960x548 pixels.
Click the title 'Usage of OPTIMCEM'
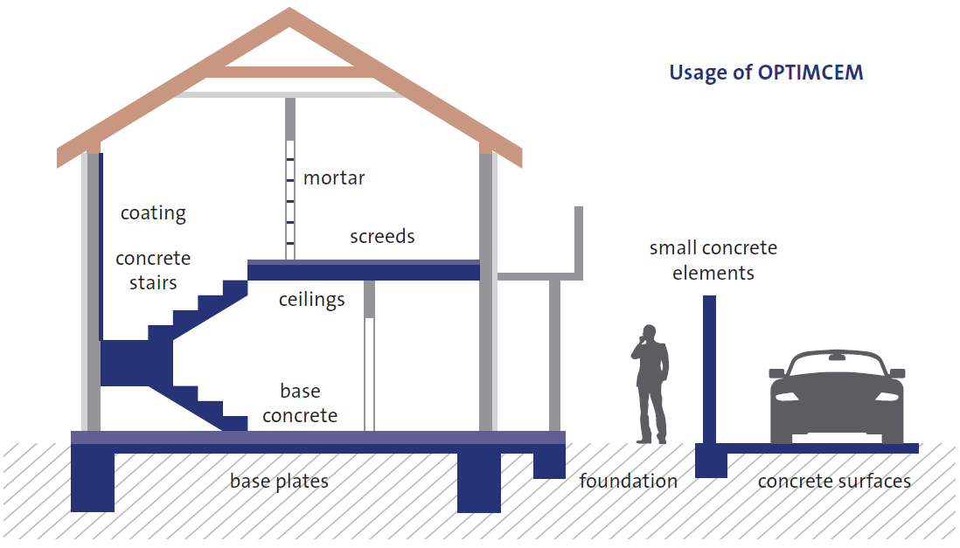[x=766, y=73]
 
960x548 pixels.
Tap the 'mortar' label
[x=334, y=177]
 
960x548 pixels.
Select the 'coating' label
[x=153, y=213]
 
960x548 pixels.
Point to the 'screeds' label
[x=382, y=236]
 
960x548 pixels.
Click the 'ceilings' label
[x=311, y=300]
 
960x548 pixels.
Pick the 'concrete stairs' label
[x=153, y=270]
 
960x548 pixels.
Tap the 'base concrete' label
[x=300, y=403]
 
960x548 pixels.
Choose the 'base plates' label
[x=279, y=482]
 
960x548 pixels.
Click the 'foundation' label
[x=628, y=482]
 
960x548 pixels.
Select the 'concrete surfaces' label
[x=834, y=482]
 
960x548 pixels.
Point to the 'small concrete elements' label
[x=713, y=260]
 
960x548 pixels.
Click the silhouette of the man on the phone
[x=650, y=384]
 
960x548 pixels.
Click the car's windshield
[x=837, y=365]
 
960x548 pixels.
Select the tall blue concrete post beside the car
[x=709, y=370]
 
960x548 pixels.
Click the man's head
[x=649, y=332]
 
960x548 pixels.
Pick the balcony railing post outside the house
[x=579, y=243]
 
